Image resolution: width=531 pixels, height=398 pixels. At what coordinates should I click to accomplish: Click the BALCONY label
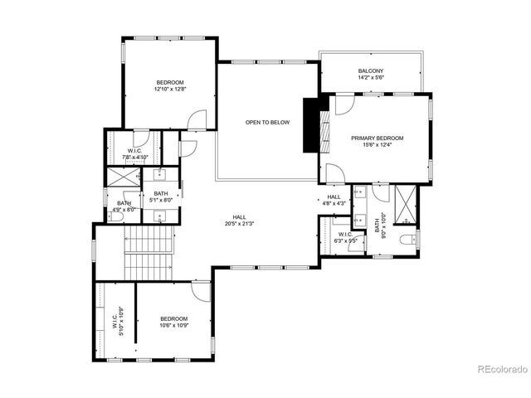371,71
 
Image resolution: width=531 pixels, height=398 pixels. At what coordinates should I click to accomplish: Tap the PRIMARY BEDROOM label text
377,138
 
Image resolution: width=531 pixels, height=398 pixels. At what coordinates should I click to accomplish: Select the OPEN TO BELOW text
267,123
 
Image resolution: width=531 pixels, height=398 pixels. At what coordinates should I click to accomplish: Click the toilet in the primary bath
407,240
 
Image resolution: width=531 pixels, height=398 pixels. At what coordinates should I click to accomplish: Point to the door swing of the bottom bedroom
202,291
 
